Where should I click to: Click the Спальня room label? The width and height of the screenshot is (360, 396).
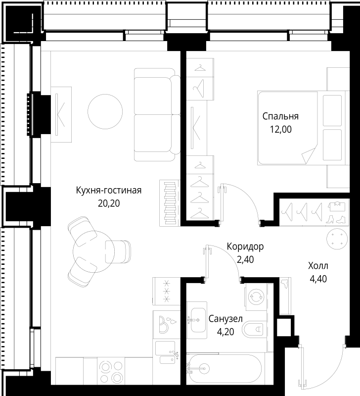click(x=280, y=117)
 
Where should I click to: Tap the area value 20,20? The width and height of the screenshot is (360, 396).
click(x=109, y=202)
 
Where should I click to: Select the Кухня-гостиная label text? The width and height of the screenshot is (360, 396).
click(x=109, y=191)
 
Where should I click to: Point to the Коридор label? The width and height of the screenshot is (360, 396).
click(x=245, y=246)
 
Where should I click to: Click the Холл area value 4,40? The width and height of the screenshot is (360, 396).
click(x=319, y=278)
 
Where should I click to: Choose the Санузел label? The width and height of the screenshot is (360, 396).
click(x=225, y=319)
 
